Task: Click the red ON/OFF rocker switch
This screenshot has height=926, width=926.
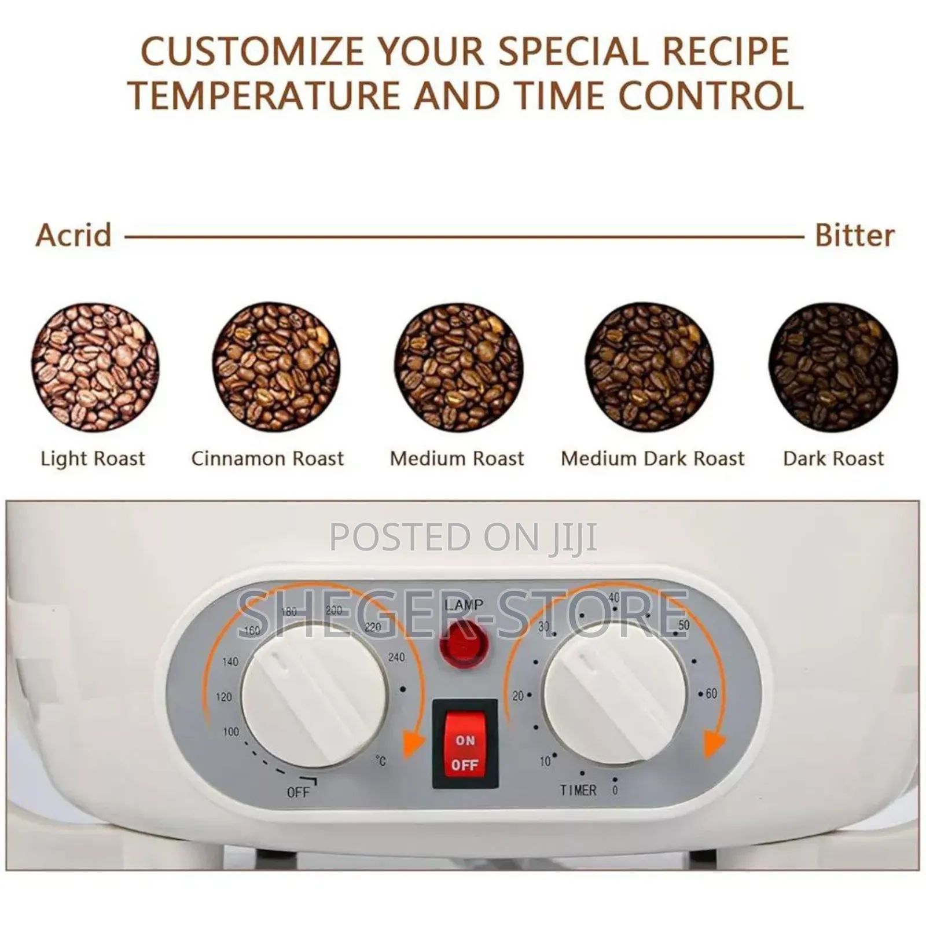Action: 465,752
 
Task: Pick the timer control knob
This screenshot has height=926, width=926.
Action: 615,694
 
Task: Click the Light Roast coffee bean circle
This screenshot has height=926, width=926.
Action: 94,366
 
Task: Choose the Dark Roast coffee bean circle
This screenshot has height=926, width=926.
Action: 833,366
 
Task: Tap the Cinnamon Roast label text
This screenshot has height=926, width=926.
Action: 267,459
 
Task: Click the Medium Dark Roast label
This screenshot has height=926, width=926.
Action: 652,459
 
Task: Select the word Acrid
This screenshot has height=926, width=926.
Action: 74,236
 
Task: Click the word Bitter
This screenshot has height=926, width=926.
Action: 854,236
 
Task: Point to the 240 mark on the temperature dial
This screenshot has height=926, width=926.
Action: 396,657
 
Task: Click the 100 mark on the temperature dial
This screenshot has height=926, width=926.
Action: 231,732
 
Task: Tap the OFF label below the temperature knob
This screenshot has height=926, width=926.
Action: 298,792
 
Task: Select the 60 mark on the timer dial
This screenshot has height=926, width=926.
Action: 710,693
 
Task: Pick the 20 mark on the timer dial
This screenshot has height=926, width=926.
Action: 519,696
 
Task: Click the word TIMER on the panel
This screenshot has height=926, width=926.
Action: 578,791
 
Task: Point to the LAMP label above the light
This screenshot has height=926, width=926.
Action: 464,605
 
